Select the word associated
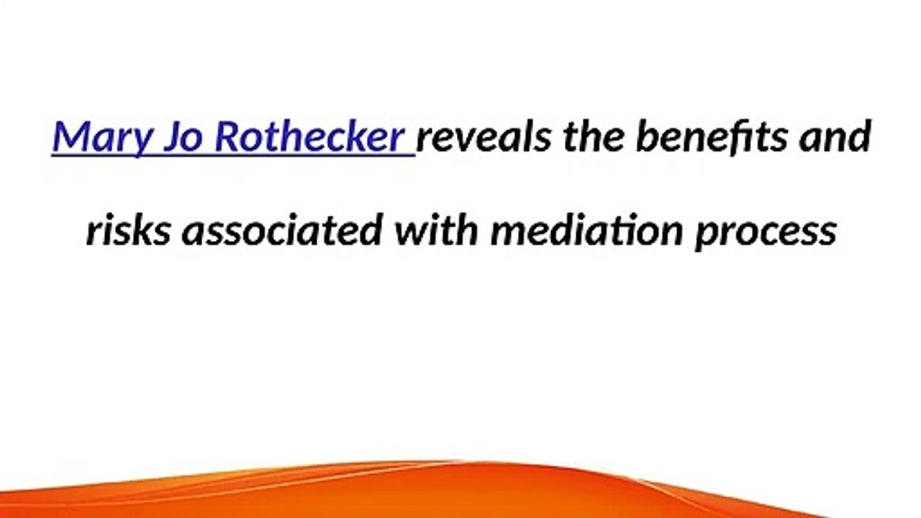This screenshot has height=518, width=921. click(x=281, y=231)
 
